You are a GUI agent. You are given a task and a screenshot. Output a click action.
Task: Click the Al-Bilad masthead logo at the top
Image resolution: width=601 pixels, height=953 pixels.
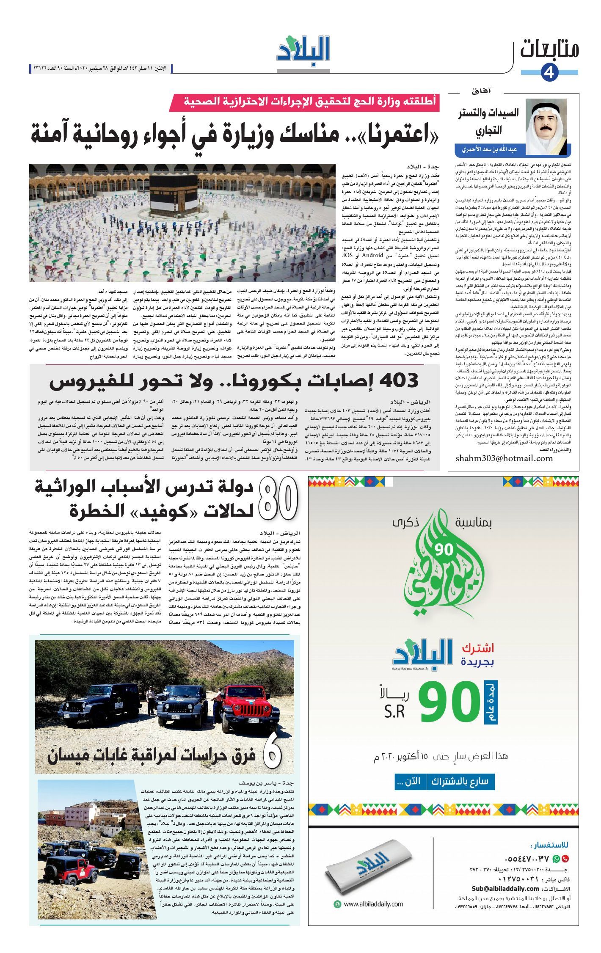point(303,52)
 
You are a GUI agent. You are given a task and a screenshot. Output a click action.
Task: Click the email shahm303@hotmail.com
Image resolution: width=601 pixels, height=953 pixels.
point(504,458)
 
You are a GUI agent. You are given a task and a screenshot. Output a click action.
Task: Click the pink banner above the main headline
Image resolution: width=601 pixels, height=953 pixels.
point(305,102)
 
